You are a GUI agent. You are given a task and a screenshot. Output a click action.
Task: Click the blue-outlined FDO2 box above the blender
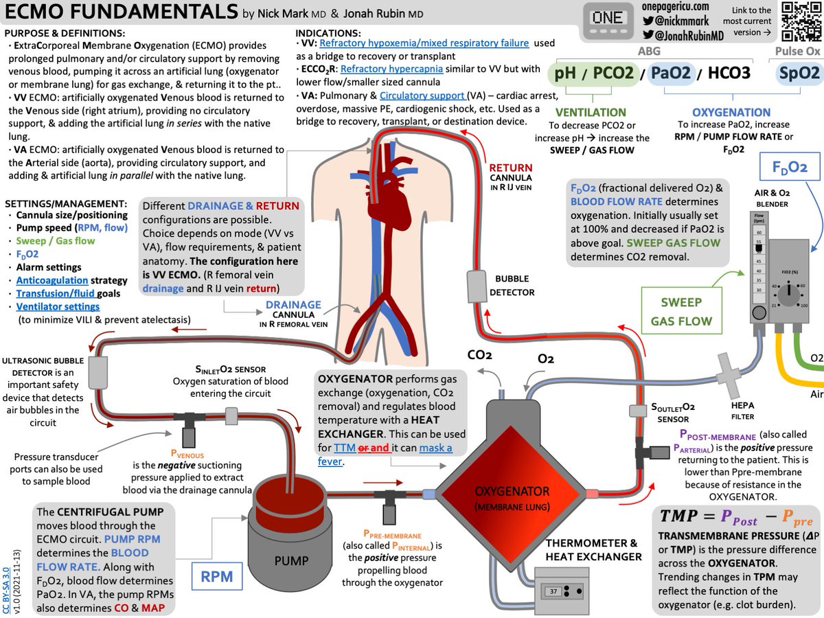point(789,167)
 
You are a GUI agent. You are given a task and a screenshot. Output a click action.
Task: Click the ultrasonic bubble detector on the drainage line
point(96,371)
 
